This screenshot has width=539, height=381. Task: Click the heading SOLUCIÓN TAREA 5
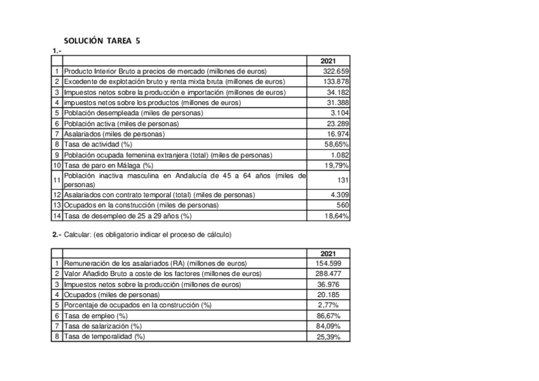(102, 41)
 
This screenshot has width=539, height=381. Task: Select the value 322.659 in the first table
(336, 71)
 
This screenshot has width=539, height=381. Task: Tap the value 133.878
(336, 81)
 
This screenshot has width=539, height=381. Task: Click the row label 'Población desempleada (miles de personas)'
(133, 113)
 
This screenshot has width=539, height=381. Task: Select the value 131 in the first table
(343, 180)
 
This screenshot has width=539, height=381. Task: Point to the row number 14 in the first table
(57, 216)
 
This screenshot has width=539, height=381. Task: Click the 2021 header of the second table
(329, 253)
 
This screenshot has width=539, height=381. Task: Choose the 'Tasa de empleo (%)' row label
(96, 315)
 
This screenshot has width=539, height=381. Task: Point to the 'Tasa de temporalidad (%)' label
(104, 336)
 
